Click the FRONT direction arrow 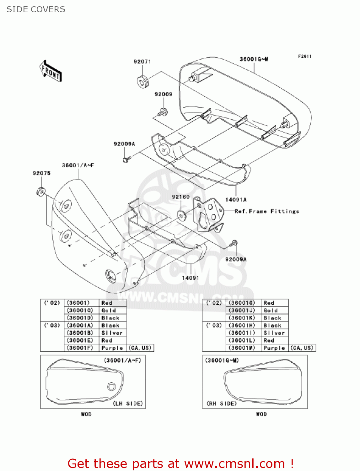point(51,71)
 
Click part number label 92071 point(142,62)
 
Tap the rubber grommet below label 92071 point(143,82)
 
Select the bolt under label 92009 point(163,111)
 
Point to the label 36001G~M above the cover point(254,59)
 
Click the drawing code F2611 point(304,56)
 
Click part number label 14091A point(236,200)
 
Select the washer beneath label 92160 point(181,215)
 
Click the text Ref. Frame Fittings point(267,211)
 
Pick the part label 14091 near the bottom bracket point(191,278)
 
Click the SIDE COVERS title point(36,9)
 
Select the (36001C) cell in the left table point(80,311)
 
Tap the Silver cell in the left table point(112,333)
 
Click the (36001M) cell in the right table point(242,348)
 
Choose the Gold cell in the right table point(271,311)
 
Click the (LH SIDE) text point(128,403)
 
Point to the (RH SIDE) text point(221,403)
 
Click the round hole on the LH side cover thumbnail point(111,387)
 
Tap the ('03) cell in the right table point(214,326)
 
